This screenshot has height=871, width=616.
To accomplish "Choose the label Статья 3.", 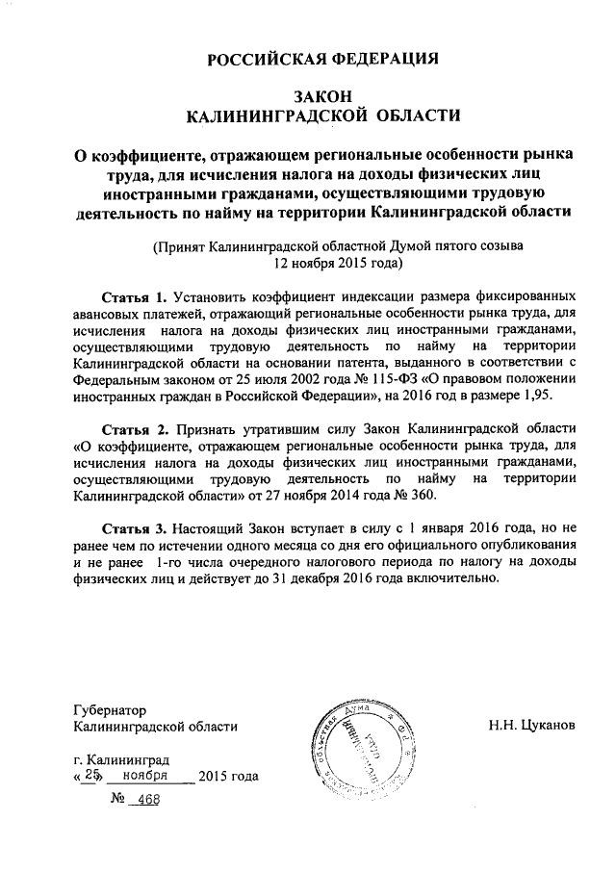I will point(134,527).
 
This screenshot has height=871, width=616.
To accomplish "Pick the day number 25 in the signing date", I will point(92,777).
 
